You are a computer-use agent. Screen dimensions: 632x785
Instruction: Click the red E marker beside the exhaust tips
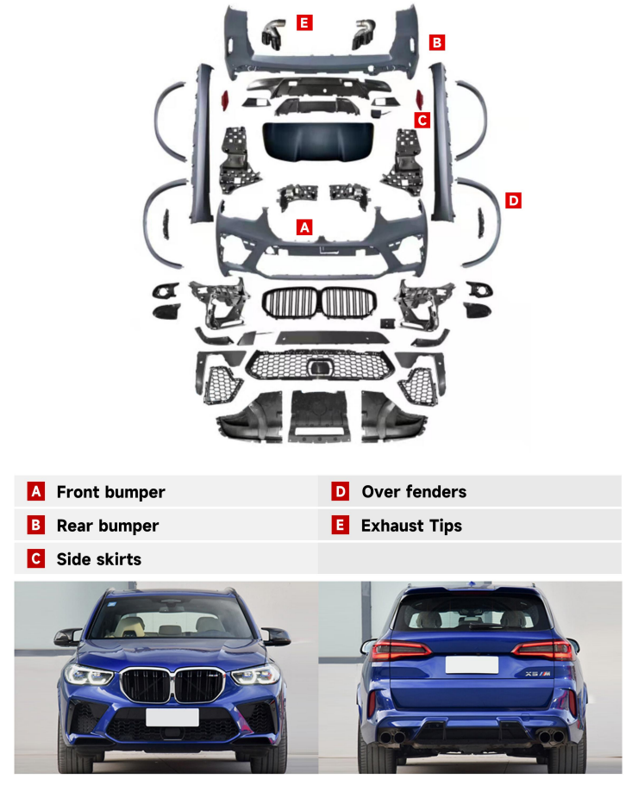coord(304,22)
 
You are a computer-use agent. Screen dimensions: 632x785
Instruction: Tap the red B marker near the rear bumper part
coord(436,42)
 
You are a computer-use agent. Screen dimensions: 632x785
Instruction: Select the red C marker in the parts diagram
coord(422,120)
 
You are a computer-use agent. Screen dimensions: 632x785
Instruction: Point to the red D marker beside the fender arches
coord(513,201)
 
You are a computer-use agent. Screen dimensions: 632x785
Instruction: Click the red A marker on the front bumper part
coord(304,227)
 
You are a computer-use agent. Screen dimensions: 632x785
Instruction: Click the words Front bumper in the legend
coord(110,492)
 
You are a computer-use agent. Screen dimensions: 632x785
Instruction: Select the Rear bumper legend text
coord(108,526)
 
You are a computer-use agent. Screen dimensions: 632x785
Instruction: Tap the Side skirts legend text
coord(99,559)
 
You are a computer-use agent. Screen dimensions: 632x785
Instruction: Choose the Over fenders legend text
coord(414,492)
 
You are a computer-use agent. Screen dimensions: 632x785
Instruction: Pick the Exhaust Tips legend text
coord(411,526)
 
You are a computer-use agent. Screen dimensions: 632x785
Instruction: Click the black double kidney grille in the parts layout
coord(318,303)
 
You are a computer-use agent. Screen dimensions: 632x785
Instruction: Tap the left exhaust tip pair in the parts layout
coord(273,34)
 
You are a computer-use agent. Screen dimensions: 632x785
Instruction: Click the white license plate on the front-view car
coord(172,717)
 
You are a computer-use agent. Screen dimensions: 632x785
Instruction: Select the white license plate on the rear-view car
coord(472,665)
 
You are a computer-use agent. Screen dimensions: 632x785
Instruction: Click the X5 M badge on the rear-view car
coord(538,674)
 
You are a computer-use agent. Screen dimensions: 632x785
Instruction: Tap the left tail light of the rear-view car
coord(401,650)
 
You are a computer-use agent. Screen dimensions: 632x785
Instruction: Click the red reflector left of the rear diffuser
coord(225,100)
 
